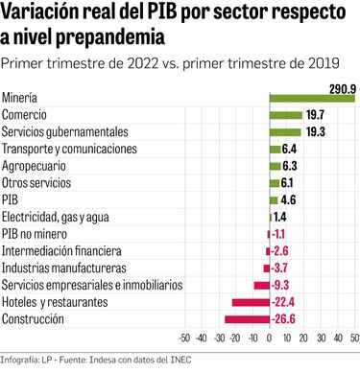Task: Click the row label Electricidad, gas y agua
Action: pyautogui.click(x=56, y=218)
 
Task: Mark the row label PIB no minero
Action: pyautogui.click(x=36, y=235)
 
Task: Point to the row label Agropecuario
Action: pyautogui.click(x=36, y=166)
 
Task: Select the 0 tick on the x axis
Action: pyautogui.click(x=270, y=338)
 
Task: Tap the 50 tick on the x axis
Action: pyautogui.click(x=353, y=338)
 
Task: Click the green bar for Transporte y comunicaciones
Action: pyautogui.click(x=275, y=149)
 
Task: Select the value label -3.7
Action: pyautogui.click(x=281, y=268)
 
